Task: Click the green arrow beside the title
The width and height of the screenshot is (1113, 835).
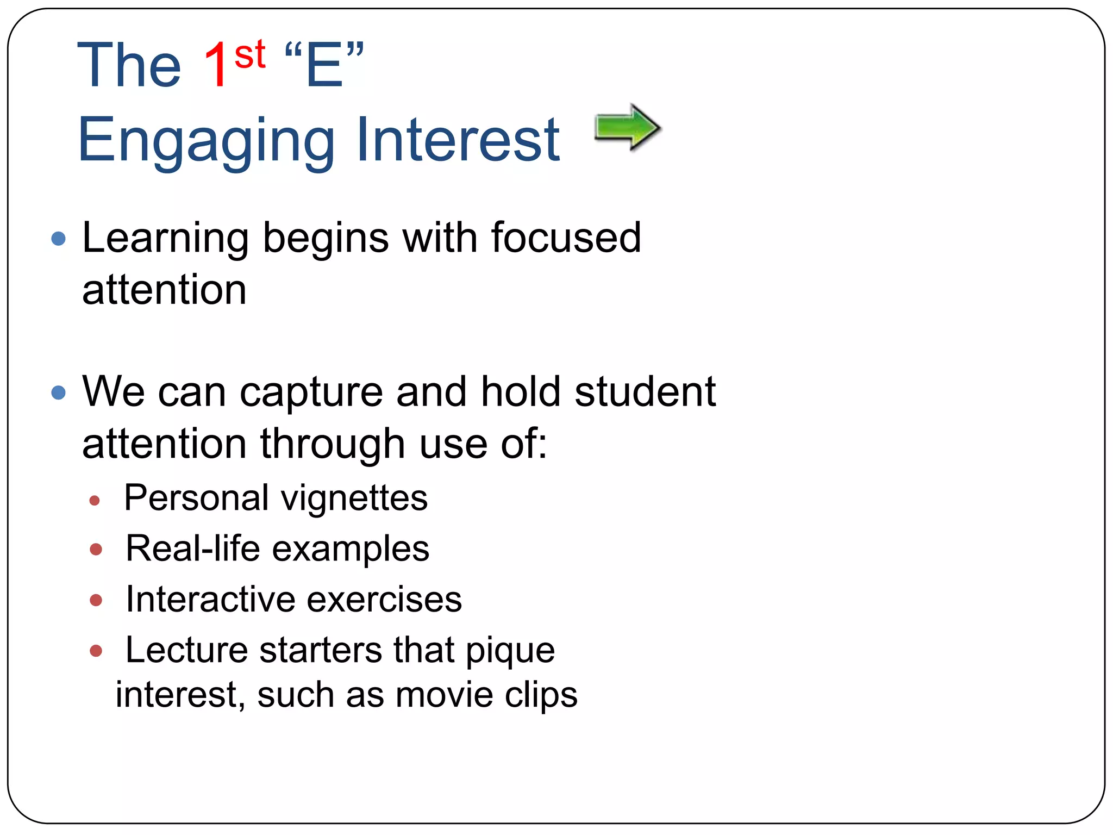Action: click(x=627, y=128)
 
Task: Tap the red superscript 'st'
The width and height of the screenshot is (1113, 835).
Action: click(x=249, y=55)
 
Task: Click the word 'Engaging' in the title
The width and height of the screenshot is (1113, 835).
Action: click(x=207, y=141)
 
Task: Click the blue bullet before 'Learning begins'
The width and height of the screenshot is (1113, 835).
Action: click(x=58, y=239)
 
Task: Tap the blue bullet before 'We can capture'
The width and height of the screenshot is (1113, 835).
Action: click(x=58, y=392)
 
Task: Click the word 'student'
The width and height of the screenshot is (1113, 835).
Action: click(x=645, y=391)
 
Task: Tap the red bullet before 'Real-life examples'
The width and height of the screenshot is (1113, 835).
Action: click(x=96, y=550)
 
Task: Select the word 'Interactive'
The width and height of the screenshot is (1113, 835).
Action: click(x=211, y=600)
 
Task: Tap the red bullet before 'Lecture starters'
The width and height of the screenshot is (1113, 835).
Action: click(x=96, y=651)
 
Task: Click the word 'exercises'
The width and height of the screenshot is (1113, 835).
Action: click(x=384, y=600)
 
